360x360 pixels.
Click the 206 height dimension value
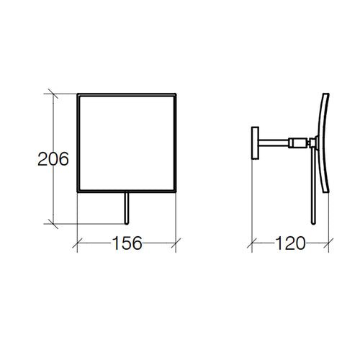pyautogui.click(x=53, y=159)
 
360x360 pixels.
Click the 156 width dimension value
pyautogui.click(x=127, y=243)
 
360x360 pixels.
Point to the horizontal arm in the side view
pyautogui.click(x=274, y=141)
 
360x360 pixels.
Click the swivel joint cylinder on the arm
pyautogui.click(x=297, y=142)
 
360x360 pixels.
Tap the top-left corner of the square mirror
pyautogui.click(x=77, y=93)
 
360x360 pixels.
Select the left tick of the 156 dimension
pyautogui.click(x=77, y=243)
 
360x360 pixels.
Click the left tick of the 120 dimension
pyautogui.click(x=251, y=243)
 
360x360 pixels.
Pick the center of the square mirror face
pyautogui.click(x=127, y=143)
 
